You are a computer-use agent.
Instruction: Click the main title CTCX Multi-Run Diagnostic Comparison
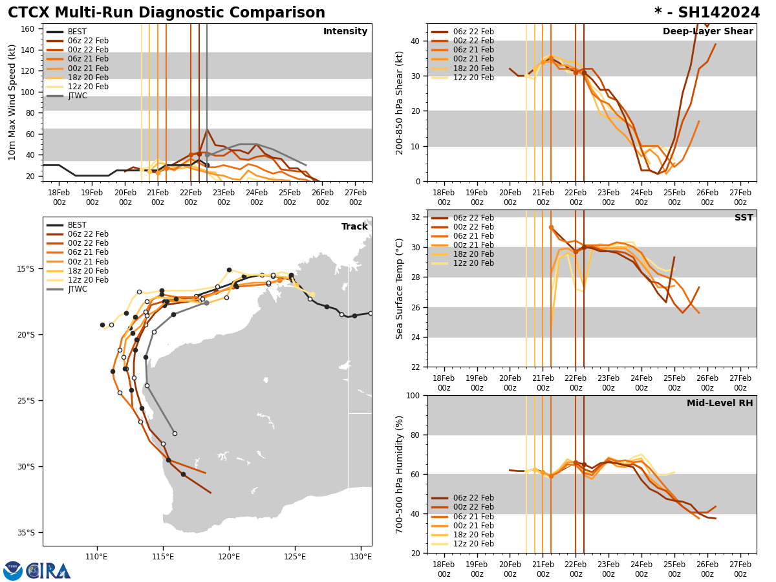click(166, 13)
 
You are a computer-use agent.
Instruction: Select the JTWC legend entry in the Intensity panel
click(77, 96)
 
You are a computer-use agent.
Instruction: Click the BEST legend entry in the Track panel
click(77, 225)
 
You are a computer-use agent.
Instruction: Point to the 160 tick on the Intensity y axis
click(28, 29)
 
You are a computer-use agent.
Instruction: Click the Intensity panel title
click(345, 32)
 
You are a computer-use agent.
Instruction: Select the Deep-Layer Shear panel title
click(707, 32)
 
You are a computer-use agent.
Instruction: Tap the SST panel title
click(744, 218)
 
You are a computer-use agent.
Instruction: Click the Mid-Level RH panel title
click(720, 404)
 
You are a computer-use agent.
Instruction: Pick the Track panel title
click(354, 227)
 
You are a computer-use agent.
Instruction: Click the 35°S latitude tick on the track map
click(25, 533)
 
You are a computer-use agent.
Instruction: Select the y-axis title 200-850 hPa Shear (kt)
click(400, 102)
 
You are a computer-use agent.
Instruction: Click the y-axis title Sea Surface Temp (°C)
click(400, 288)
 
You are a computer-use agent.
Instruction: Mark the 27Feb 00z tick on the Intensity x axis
click(356, 197)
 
